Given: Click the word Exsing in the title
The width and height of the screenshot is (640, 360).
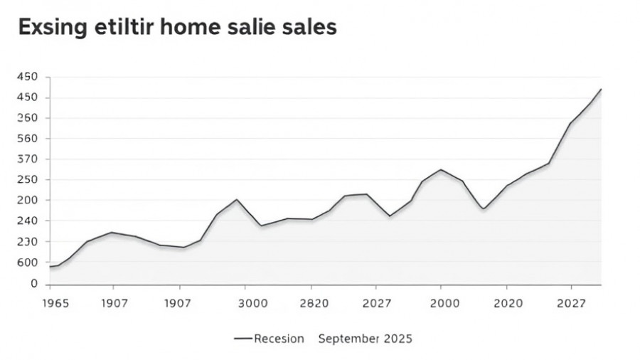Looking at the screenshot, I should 49,28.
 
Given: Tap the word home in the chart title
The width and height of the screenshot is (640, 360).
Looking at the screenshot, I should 184,28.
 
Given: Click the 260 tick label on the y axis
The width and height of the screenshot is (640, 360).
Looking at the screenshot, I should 27,118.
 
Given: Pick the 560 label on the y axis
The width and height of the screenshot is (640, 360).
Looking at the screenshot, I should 27,139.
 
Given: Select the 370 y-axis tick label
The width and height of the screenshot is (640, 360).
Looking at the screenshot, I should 27,159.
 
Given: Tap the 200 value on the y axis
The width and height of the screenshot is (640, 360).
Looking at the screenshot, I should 27,201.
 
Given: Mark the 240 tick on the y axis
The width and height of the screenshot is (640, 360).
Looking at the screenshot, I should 27,221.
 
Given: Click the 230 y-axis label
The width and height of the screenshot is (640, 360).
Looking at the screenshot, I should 27,242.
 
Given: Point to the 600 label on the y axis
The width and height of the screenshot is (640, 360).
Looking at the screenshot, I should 27,263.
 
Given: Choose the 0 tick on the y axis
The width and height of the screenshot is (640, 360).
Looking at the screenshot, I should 33,284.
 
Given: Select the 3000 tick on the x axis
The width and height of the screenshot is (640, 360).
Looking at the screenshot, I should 252,303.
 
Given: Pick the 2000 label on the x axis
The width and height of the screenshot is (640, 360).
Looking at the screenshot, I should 445,303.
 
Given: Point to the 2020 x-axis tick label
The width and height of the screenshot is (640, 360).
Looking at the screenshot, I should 509,303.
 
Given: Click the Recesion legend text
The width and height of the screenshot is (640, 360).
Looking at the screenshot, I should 279,339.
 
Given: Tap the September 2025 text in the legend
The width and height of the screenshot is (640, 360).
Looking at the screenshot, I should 365,339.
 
